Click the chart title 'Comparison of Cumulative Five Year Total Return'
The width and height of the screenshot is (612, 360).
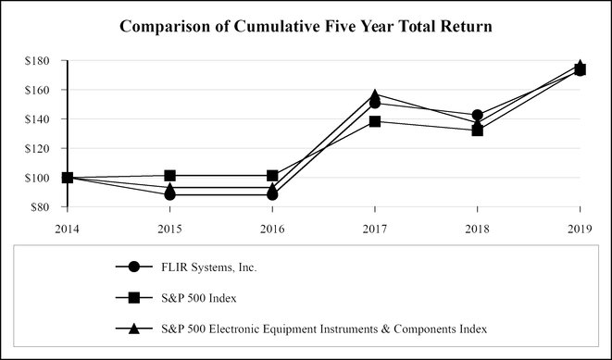click(306, 27)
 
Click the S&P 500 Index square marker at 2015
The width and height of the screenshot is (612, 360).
click(169, 176)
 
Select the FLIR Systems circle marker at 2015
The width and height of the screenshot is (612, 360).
click(169, 194)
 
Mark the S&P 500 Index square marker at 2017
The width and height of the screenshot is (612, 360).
click(374, 121)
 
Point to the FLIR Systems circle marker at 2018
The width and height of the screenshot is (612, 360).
click(477, 116)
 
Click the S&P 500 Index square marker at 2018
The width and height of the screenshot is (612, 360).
click(477, 130)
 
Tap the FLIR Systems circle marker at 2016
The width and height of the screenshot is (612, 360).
click(272, 194)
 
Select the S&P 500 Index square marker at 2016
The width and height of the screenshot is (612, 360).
click(272, 176)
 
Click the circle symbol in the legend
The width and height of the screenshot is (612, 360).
click(135, 267)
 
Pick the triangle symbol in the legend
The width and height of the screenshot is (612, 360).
click(135, 328)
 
